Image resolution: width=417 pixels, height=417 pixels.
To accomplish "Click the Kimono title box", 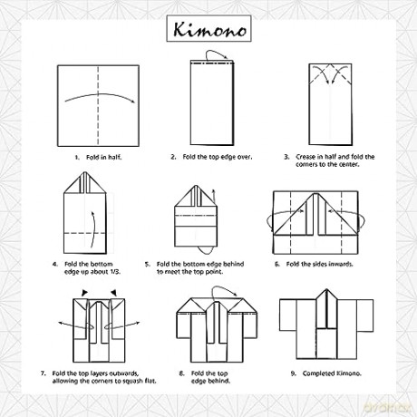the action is pyautogui.click(x=208, y=28).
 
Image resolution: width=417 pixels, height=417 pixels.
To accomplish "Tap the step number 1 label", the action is pyautogui.click(x=77, y=157).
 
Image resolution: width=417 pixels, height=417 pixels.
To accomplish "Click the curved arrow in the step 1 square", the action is pyautogui.click(x=100, y=95).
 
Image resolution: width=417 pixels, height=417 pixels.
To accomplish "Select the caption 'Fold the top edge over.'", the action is pyautogui.click(x=217, y=157).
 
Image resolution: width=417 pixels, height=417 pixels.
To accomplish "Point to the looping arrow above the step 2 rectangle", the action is pyautogui.click(x=216, y=52).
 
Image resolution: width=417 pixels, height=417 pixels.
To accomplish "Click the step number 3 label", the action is pyautogui.click(x=286, y=157).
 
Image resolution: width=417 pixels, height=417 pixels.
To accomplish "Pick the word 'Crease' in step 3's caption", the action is pyautogui.click(x=305, y=157).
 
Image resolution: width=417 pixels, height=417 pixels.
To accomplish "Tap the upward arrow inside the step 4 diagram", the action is pyautogui.click(x=94, y=229).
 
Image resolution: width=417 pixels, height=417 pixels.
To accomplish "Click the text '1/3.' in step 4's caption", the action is pyautogui.click(x=115, y=272).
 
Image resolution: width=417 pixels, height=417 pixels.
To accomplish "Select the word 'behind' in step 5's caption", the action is pyautogui.click(x=233, y=264).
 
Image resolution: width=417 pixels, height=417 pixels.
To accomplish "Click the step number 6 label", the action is pyautogui.click(x=277, y=264).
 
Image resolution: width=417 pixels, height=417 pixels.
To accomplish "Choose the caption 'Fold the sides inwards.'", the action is pyautogui.click(x=319, y=264).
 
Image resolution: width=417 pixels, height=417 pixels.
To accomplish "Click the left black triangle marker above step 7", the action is pyautogui.click(x=85, y=292).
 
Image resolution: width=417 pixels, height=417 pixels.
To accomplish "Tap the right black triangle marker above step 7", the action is pyautogui.click(x=113, y=292).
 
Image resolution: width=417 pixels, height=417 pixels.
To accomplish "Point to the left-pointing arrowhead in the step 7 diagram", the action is pyautogui.click(x=60, y=323).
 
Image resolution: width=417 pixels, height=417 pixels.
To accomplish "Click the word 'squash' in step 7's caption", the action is pyautogui.click(x=123, y=381).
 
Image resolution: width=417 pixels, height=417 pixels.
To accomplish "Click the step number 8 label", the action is pyautogui.click(x=181, y=373).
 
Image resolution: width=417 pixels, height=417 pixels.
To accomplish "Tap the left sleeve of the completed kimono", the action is pyautogui.click(x=287, y=315).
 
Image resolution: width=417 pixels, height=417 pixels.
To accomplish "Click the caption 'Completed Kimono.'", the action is pyautogui.click(x=332, y=373).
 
